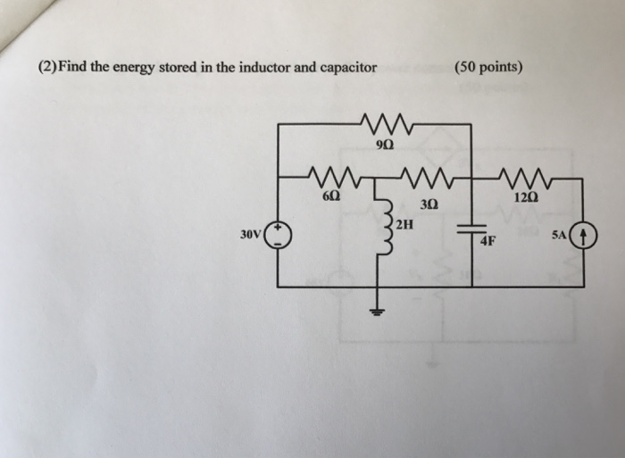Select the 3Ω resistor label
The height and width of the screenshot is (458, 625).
coord(428,204)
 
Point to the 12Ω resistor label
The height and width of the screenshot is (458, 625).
coord(527,196)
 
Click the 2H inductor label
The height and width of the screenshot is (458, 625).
coord(404,223)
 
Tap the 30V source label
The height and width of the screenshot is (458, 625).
coord(250,236)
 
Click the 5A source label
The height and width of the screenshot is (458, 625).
coord(559,235)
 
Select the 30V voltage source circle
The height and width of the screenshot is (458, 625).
coord(278,235)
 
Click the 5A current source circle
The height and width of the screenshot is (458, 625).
coord(583,236)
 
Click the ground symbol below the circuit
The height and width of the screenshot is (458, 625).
coord(376,312)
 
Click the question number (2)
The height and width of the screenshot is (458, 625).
coord(47,68)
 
